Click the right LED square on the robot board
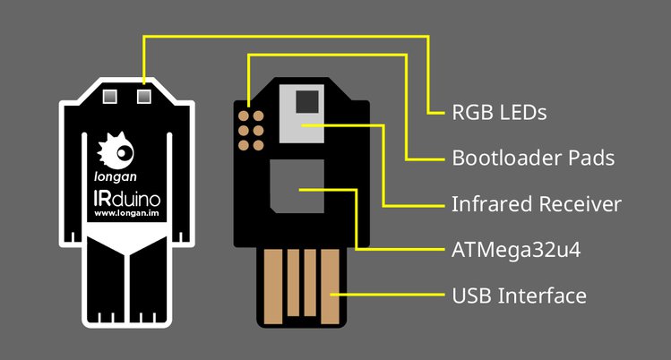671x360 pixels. (143, 94)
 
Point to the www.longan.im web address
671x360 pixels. (126, 213)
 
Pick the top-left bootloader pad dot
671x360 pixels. (243, 115)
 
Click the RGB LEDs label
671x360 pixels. (499, 114)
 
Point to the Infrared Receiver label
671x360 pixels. (537, 204)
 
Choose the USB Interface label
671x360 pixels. (520, 295)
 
